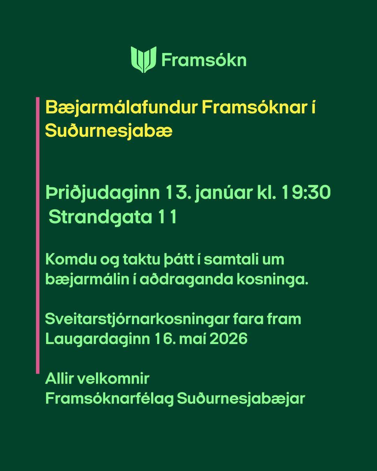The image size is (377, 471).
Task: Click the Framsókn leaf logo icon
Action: tap(144, 59)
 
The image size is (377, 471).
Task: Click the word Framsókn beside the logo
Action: tap(204, 60)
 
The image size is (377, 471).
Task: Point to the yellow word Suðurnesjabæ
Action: tap(109, 131)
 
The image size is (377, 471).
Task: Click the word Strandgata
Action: tap(100, 218)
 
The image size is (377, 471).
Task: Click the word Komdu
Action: tap(71, 260)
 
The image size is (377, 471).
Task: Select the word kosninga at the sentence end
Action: tap(271, 280)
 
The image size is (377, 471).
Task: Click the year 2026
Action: tap(228, 339)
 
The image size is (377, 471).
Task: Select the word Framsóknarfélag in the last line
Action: tap(110, 399)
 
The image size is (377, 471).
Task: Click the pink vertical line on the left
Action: tap(38, 235)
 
